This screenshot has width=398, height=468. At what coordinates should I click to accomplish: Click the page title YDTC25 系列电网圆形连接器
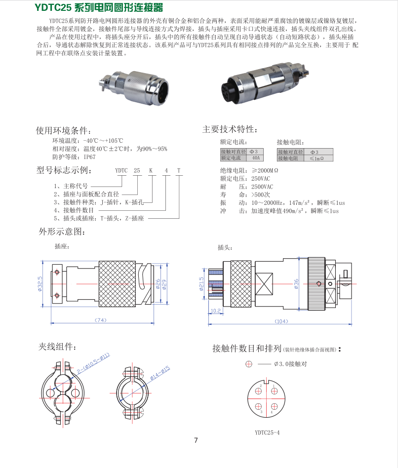99,7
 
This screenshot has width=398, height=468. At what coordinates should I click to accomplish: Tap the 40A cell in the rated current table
255,158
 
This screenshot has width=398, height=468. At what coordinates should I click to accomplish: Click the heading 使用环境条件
63,131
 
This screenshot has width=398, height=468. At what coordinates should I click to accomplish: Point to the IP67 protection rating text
89,157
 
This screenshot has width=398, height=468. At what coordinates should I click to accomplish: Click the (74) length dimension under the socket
100,320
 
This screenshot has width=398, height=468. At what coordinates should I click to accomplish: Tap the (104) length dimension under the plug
281,321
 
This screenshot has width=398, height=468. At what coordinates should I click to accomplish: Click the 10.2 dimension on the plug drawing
215,311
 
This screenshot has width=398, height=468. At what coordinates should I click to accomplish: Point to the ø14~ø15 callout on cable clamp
157,374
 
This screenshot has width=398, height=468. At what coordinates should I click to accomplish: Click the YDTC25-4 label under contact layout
267,432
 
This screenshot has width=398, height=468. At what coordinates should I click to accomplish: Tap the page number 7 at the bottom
196,440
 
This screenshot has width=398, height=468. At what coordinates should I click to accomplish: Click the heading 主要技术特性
230,129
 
